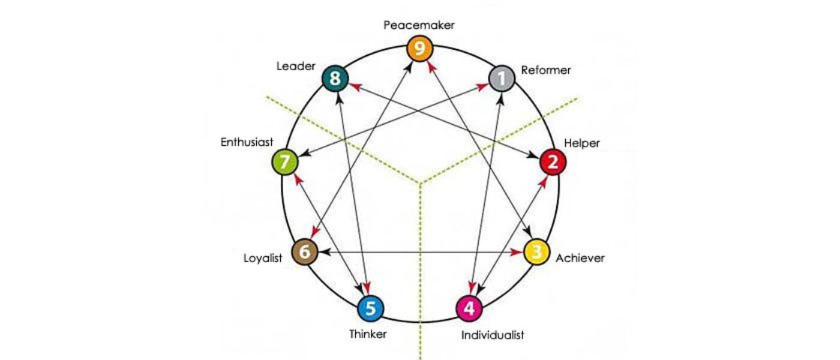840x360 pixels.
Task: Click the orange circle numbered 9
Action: [x=420, y=49]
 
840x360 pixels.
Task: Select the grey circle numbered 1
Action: [x=502, y=79]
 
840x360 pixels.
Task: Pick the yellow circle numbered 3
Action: [x=537, y=252]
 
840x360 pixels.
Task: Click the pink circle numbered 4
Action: [x=469, y=309]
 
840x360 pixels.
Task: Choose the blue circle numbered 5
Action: [x=370, y=309]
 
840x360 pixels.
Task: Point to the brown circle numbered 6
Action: [x=304, y=252]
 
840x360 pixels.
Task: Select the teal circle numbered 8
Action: [x=335, y=79]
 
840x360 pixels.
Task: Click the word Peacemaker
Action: [x=419, y=25]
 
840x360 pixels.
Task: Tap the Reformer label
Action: [x=546, y=70]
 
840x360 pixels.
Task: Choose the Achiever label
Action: [x=580, y=259]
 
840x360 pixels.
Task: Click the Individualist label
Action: [x=493, y=335]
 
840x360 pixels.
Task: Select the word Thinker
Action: [x=368, y=334]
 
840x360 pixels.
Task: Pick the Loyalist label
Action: [x=263, y=259]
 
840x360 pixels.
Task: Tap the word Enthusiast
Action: [x=247, y=142]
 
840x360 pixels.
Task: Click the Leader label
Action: [x=296, y=66]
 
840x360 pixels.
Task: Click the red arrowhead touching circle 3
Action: [x=517, y=253]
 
